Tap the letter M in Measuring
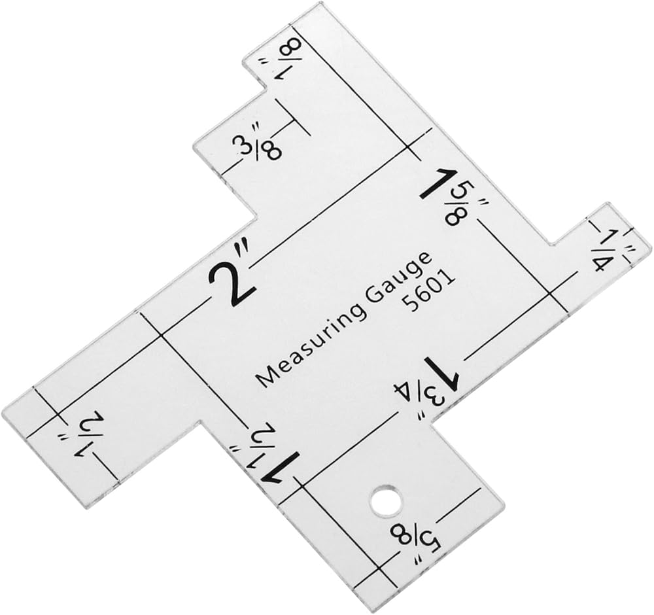click(264, 378)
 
